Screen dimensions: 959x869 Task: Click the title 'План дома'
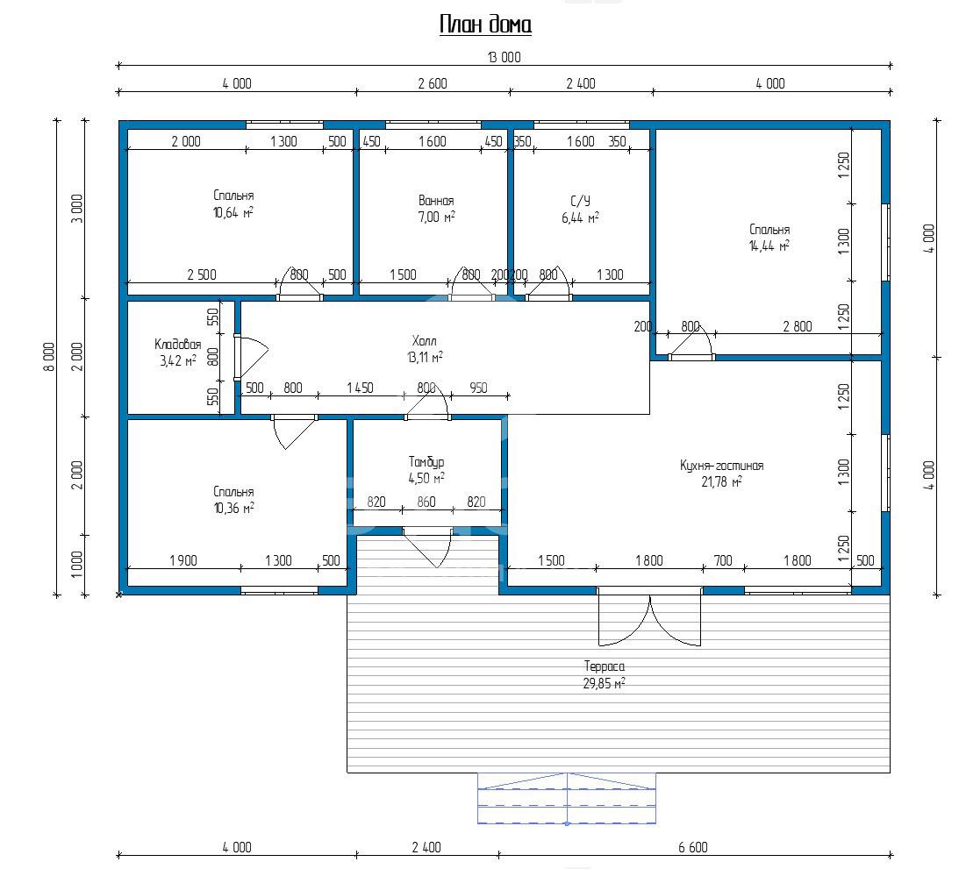click(485, 25)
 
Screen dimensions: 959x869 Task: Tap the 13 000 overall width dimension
click(504, 58)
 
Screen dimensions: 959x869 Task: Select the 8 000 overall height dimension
click(49, 356)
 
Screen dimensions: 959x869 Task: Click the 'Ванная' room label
click(436, 201)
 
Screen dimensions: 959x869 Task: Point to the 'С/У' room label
click(581, 201)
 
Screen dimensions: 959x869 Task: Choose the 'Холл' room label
click(425, 340)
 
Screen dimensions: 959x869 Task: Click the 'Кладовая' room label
click(177, 345)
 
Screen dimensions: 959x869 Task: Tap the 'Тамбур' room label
click(426, 462)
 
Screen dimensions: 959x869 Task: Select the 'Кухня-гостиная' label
click(722, 466)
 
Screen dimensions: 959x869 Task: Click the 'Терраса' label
click(605, 666)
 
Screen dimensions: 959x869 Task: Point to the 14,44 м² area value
click(769, 246)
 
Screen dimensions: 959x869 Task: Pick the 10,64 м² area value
click(233, 213)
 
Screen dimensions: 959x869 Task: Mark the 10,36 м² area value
click(233, 509)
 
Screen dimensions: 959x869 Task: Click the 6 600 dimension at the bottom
click(693, 847)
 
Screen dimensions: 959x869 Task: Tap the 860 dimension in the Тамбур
click(426, 502)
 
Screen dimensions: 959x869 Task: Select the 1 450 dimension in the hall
click(360, 388)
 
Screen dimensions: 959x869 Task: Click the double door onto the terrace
click(649, 617)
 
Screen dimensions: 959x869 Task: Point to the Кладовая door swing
click(252, 357)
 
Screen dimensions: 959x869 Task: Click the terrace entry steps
click(566, 799)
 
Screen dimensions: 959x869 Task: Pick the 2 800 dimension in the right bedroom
click(798, 326)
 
